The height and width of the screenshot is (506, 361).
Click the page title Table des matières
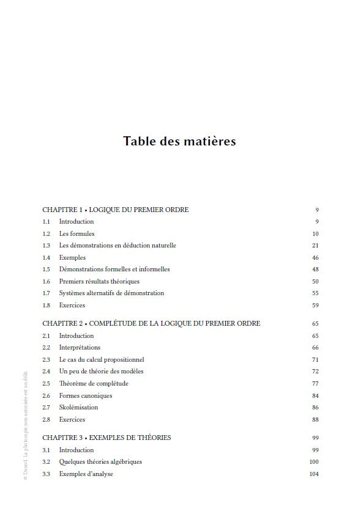[x=179, y=142]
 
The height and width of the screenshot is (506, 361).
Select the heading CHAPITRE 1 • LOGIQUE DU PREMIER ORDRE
[x=115, y=210]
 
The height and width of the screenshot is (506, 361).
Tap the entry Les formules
[x=76, y=233]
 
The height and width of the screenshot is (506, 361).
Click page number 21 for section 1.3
[x=315, y=246]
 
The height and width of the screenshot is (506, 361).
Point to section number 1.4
[x=47, y=257]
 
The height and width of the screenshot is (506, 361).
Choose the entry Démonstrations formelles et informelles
[x=114, y=269]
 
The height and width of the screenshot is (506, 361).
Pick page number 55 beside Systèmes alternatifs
[x=315, y=293]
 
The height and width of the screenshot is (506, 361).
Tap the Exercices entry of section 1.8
[x=72, y=305]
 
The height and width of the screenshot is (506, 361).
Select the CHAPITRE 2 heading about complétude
[x=151, y=323]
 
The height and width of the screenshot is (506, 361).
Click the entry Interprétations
[x=80, y=347]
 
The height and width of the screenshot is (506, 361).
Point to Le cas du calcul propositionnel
[x=102, y=359]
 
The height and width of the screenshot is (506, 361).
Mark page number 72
[x=315, y=371]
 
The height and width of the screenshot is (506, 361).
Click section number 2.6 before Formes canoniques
[x=47, y=395]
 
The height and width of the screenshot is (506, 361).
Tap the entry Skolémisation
[x=78, y=407]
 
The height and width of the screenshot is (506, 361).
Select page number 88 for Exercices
[x=315, y=419]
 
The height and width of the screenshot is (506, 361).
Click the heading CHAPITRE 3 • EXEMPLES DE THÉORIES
[x=106, y=438]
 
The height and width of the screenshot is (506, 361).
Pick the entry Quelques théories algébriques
[x=100, y=461]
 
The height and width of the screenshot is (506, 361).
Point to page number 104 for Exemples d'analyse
[x=314, y=474]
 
